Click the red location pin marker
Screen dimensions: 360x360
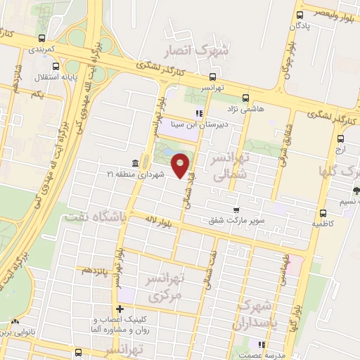[181, 165]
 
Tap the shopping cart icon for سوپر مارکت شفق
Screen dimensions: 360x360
[238, 209]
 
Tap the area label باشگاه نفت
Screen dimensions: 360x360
[95, 218]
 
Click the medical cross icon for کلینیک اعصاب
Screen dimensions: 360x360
[120, 309]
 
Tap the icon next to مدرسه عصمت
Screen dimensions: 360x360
[261, 345]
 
